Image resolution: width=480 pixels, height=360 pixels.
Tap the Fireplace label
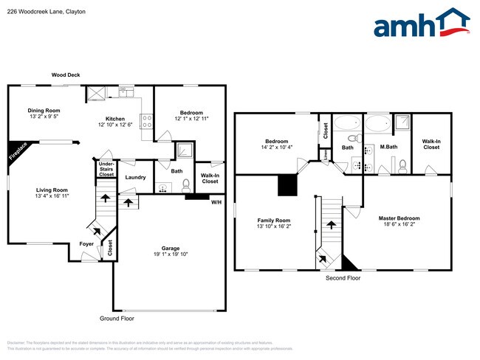(18, 151)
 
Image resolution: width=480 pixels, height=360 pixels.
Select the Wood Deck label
(66, 75)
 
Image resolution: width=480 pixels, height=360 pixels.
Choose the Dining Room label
(44, 110)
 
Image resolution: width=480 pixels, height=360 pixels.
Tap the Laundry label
(135, 177)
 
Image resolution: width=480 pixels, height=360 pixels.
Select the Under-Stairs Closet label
(106, 170)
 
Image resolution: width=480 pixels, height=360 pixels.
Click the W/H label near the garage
(216, 202)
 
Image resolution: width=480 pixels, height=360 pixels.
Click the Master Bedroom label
(399, 218)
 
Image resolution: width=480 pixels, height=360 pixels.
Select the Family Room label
(273, 221)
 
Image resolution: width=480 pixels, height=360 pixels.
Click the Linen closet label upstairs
(326, 155)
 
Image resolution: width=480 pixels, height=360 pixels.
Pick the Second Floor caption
(343, 279)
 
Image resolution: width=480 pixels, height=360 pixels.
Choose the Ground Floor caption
(118, 318)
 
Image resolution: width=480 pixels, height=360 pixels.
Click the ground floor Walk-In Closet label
(210, 178)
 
